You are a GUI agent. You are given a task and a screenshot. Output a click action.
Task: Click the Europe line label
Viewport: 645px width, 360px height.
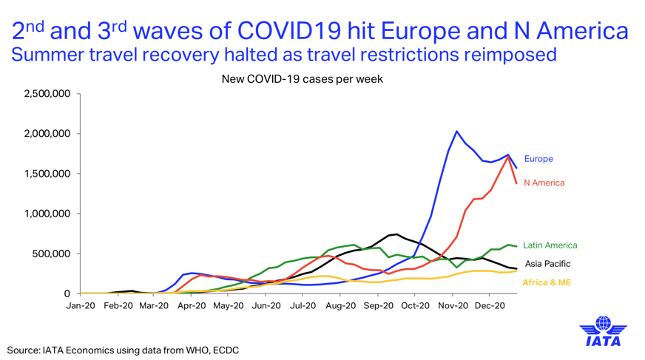(x=538, y=159)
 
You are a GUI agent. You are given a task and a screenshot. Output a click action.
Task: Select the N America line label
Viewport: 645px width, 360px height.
(x=544, y=183)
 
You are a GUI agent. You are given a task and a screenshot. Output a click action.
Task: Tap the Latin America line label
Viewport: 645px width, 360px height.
(x=550, y=245)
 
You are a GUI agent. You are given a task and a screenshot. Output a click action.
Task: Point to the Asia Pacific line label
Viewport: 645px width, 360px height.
(x=547, y=264)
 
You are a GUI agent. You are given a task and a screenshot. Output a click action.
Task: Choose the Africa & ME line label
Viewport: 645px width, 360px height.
(x=547, y=282)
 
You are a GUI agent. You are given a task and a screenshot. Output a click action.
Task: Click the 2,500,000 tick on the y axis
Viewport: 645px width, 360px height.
(x=47, y=94)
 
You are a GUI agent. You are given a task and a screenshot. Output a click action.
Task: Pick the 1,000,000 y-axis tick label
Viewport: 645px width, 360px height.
(x=47, y=214)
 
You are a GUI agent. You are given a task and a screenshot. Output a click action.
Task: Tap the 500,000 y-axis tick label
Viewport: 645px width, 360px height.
(x=53, y=254)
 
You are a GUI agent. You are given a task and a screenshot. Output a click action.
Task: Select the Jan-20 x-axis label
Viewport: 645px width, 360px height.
(x=81, y=306)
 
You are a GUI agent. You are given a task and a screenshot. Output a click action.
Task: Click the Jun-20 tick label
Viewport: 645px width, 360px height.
(x=266, y=306)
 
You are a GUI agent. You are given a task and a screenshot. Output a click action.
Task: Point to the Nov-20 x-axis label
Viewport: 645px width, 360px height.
(x=453, y=306)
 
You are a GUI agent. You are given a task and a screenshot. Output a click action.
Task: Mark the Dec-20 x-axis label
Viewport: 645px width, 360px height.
(x=490, y=306)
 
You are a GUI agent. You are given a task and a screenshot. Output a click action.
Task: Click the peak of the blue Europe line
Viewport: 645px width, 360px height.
(x=456, y=132)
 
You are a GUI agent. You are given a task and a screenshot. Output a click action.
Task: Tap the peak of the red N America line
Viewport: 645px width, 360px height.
(x=509, y=157)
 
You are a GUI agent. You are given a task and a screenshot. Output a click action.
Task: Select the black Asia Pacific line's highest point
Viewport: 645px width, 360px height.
(x=396, y=234)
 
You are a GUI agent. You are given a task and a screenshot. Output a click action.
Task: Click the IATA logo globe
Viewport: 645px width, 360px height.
(x=603, y=323)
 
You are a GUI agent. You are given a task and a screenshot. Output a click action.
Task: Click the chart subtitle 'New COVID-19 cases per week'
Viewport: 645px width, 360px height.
(x=303, y=79)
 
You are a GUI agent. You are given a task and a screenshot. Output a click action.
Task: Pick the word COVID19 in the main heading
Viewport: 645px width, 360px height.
(x=290, y=31)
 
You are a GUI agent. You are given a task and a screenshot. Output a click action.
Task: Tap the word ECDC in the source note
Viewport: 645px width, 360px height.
(x=226, y=350)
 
